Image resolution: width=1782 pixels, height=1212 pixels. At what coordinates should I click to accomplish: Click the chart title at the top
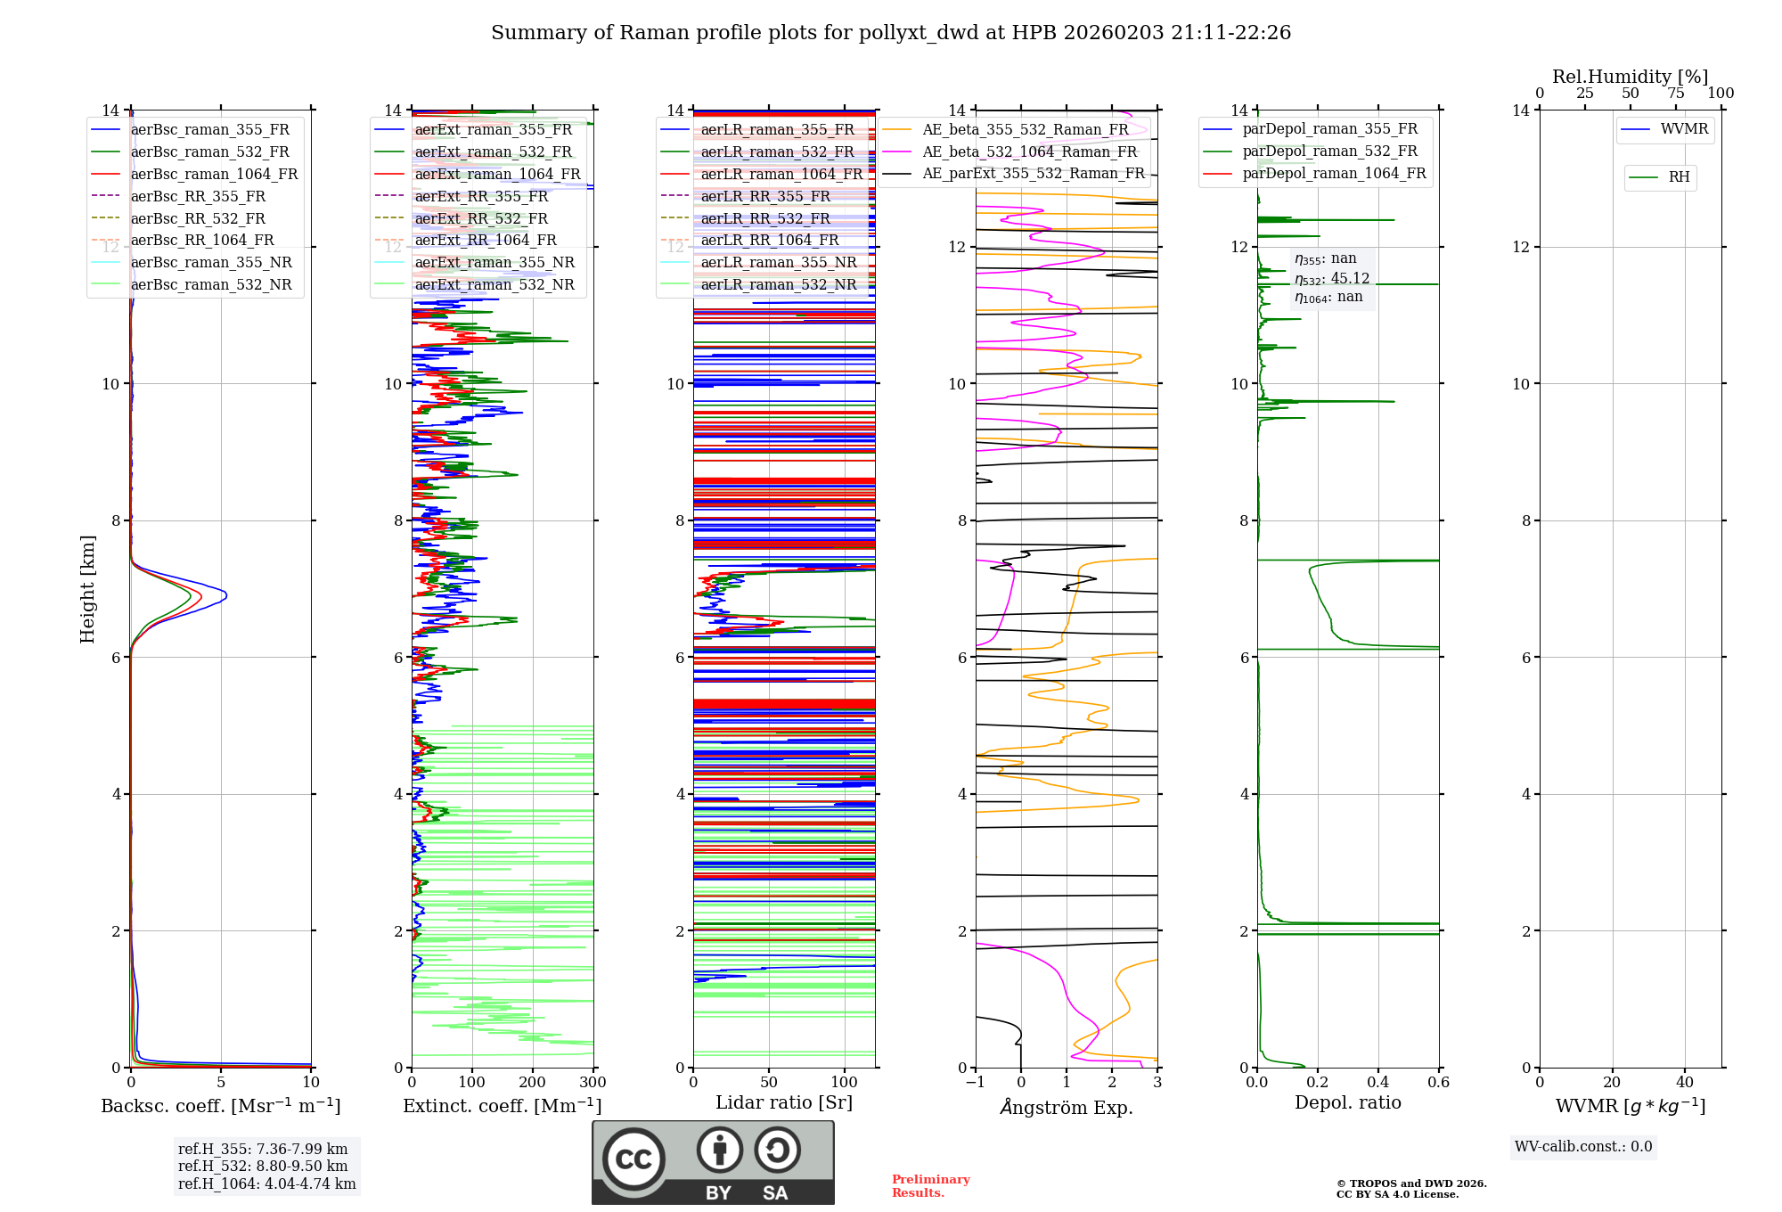tap(891, 33)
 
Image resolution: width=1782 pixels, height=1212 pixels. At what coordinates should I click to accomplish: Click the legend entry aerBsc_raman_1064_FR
tap(214, 174)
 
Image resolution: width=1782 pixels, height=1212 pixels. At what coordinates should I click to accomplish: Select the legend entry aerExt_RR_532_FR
tap(481, 218)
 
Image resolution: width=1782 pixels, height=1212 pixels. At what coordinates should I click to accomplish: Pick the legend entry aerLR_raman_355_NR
tap(778, 262)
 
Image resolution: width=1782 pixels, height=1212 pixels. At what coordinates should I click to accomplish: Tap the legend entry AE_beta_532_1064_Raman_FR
tap(1029, 151)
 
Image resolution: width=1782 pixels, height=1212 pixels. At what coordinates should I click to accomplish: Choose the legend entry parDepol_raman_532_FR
tap(1329, 151)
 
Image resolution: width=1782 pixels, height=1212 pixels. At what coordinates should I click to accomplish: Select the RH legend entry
tap(1679, 177)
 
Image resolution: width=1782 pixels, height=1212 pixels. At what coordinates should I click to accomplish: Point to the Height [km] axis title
tap(87, 589)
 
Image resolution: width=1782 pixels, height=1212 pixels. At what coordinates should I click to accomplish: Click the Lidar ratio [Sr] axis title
tap(784, 1102)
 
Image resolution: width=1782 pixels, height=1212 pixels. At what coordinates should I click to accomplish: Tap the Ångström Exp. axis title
tap(1067, 1107)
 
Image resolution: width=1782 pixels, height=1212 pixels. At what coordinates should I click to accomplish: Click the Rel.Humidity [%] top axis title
tap(1630, 77)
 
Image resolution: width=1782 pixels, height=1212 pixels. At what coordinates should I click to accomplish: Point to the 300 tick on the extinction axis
tap(593, 1083)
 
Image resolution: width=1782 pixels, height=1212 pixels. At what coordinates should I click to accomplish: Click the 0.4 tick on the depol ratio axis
tap(1377, 1083)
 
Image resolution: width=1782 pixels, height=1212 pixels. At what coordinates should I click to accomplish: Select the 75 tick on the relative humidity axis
tap(1676, 94)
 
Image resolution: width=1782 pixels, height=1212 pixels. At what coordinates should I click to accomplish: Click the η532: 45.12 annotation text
tap(1332, 279)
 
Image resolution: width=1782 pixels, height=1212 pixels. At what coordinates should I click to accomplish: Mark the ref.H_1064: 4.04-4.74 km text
tap(266, 1183)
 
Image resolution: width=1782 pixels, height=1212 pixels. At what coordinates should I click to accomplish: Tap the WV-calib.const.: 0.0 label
tap(1583, 1147)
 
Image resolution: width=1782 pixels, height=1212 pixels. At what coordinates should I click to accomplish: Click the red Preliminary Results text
tap(930, 1186)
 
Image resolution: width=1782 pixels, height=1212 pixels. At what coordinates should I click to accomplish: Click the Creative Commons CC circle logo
tap(634, 1159)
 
